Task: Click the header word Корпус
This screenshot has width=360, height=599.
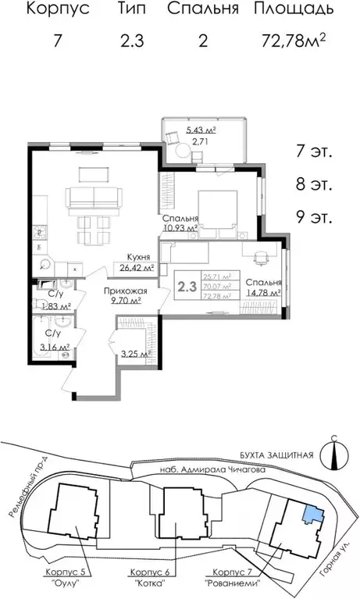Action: pyautogui.click(x=57, y=10)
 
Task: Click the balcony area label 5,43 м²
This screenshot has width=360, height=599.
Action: pyautogui.click(x=201, y=130)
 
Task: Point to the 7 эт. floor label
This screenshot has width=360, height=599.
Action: pyautogui.click(x=315, y=152)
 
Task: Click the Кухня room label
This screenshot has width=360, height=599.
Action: pyautogui.click(x=139, y=257)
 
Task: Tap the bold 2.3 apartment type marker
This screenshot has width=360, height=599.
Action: pyautogui.click(x=187, y=286)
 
